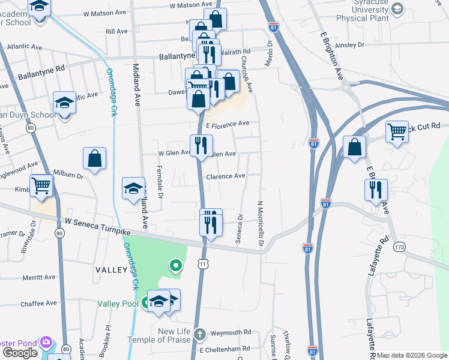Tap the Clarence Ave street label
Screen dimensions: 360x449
(226, 176)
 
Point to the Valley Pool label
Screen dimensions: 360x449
(118, 304)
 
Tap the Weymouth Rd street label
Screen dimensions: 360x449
(231, 332)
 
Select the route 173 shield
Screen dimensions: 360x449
(399, 247)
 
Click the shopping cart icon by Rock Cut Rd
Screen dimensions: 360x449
(397, 131)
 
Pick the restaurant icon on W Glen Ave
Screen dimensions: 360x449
(201, 145)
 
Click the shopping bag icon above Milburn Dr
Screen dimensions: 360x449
(95, 158)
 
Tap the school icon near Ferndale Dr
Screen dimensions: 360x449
(133, 189)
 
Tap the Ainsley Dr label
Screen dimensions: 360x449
(351, 45)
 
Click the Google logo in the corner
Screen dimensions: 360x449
(20, 353)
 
